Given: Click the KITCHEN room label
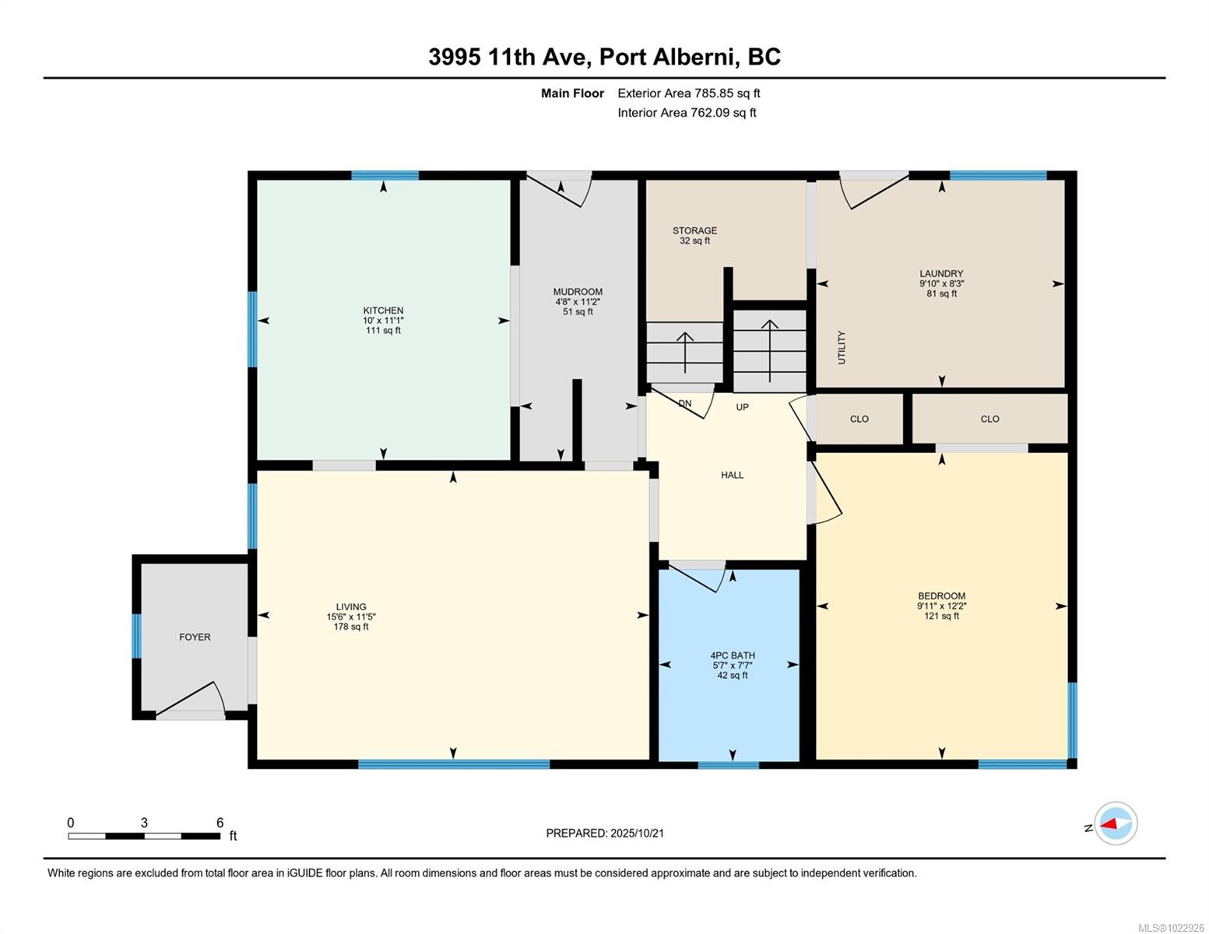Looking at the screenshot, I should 383,311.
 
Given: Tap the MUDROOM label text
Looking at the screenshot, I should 578,292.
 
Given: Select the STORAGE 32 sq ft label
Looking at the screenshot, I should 694,235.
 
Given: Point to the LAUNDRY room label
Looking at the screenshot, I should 941,274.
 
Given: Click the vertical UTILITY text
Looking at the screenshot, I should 842,347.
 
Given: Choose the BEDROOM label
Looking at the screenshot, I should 941,596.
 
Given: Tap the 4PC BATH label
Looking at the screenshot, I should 733,655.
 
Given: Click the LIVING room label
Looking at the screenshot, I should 351,607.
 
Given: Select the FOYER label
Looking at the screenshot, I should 195,637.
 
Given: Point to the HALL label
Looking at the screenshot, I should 732,475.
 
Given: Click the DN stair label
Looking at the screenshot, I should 685,403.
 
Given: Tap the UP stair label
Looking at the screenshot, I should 743,407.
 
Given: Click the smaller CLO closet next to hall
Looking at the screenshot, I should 859,419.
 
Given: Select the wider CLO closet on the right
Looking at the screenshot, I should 989,419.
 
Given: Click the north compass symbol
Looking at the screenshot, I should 1115,823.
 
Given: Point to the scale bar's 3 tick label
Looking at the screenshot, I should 144,823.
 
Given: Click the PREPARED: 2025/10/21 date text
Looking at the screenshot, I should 605,833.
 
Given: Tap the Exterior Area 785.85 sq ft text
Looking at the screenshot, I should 688,93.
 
